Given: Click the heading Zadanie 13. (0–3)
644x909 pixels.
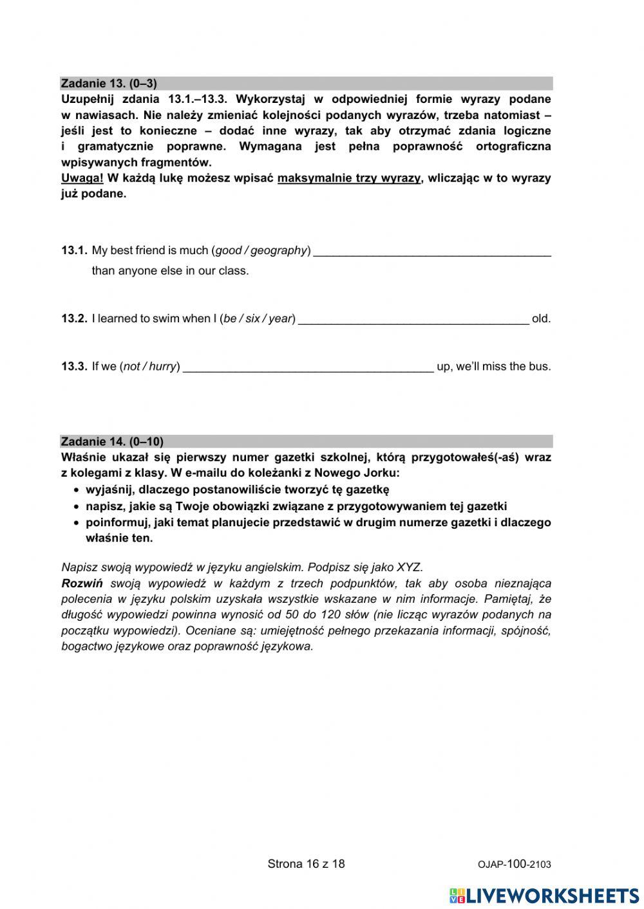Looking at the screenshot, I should tap(109, 84).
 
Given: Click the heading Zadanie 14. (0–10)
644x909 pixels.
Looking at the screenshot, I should tap(112, 441).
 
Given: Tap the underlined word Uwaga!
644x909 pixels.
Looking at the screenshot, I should tap(82, 178).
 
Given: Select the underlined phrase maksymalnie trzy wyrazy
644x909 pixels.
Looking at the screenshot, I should tap(349, 178).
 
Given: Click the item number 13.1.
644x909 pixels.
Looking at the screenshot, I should tap(73, 250).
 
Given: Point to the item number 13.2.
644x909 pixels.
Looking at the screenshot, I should tap(73, 318).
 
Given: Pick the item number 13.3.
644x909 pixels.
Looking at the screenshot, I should tap(73, 367).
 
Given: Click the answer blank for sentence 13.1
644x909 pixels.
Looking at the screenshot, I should tap(432, 252).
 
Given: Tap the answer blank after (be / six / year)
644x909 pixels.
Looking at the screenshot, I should tap(413, 320).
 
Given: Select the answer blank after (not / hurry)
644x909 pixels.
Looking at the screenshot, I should tap(308, 368).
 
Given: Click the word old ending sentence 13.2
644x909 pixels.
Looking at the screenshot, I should tap(541, 318).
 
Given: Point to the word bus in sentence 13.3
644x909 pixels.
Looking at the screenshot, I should tap(540, 367).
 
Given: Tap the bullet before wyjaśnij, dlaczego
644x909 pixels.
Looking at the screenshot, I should tap(77, 490).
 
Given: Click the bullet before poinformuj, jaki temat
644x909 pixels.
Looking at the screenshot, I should tap(77, 523).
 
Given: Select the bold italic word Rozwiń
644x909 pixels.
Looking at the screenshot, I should tap(82, 583).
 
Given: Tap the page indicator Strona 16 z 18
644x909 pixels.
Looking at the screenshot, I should tap(306, 864).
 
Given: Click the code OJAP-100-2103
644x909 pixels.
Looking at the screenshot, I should tap(515, 865).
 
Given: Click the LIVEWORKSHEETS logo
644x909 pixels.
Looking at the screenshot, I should tap(544, 895).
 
